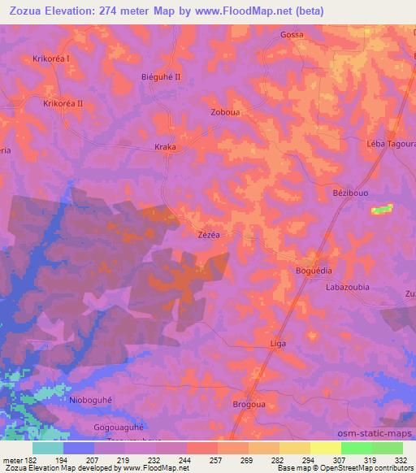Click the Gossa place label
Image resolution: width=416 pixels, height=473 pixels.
coord(291,36)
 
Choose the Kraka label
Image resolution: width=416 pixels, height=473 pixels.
coord(165,148)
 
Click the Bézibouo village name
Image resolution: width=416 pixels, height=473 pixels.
coord(350,196)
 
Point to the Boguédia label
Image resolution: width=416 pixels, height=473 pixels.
coord(314,271)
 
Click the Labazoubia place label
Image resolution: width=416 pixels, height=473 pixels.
coord(347,288)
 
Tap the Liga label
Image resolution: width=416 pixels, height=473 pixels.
coord(278,344)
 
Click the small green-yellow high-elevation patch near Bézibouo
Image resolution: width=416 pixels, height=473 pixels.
coord(379,210)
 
